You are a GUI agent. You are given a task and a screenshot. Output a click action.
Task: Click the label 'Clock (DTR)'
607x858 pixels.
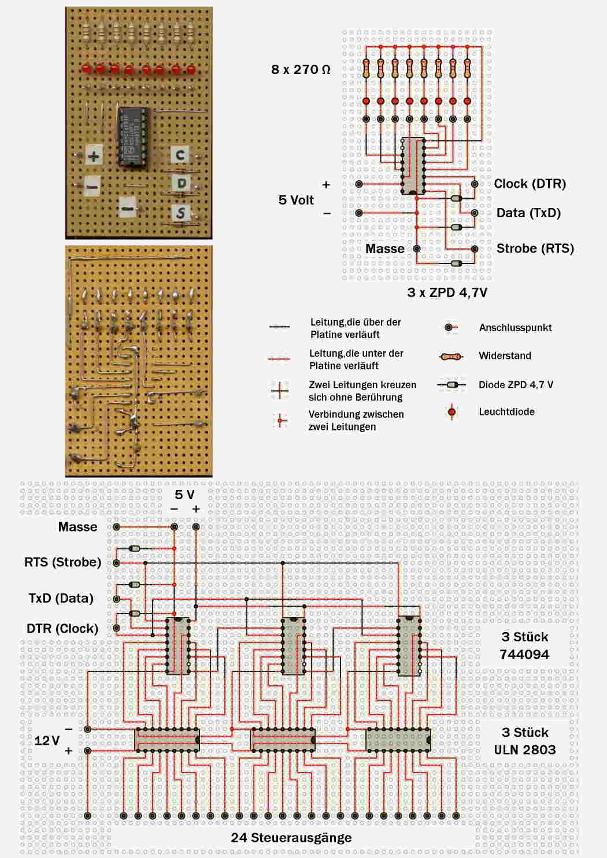tap(530, 184)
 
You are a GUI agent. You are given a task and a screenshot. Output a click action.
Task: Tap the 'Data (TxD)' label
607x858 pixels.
tap(528, 213)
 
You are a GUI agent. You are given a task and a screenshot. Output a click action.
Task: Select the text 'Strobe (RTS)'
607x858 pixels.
tap(535, 248)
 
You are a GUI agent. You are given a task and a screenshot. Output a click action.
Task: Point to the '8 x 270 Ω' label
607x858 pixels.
tap(301, 69)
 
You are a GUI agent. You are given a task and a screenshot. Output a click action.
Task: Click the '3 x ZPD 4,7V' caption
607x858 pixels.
tap(447, 292)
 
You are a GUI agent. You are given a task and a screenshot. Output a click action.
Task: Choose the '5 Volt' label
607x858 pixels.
tap(296, 200)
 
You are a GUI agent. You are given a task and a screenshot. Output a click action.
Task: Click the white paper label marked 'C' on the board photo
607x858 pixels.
tap(180, 155)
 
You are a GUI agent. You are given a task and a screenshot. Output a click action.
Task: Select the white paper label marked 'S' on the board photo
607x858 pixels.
tap(181, 213)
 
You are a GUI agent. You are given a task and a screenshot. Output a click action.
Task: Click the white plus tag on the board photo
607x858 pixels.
tap(94, 155)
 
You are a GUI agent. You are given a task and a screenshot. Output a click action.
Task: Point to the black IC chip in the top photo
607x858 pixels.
tap(133, 136)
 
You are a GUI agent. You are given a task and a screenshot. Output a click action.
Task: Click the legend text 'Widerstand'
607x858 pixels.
tap(505, 356)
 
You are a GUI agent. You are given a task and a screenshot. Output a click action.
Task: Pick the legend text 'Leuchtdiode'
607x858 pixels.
tap(506, 412)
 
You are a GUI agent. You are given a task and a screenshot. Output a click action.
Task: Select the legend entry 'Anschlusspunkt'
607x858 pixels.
tap(515, 328)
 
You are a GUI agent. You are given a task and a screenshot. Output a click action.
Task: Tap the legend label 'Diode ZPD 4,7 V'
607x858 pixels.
tap(516, 385)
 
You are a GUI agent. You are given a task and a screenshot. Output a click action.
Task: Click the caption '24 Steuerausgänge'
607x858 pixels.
tap(291, 837)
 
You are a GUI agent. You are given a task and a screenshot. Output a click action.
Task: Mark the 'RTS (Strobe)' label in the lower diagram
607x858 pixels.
tap(62, 562)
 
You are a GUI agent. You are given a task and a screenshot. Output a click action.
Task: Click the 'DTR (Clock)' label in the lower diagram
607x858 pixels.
tap(62, 629)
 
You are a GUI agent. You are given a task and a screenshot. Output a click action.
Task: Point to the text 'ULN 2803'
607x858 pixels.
tap(524, 749)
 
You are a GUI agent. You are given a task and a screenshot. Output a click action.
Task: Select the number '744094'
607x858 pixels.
tap(524, 654)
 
